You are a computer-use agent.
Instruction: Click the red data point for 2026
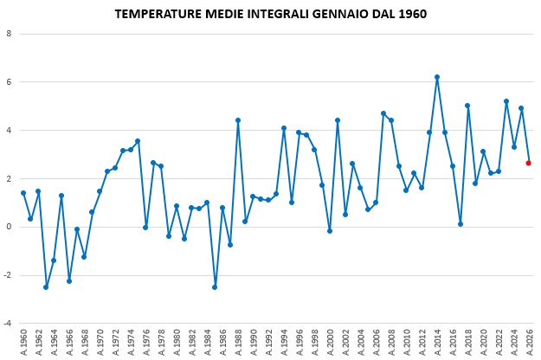point(528,163)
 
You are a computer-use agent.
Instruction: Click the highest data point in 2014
point(437,77)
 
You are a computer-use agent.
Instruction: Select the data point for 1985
point(215,287)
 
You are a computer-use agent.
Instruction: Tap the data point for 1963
point(46,287)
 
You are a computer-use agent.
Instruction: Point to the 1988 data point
point(238,120)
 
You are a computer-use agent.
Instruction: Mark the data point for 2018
point(467,106)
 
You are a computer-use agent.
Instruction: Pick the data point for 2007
point(383,113)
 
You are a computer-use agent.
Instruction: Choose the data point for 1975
point(138,141)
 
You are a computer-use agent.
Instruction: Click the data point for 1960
point(23,193)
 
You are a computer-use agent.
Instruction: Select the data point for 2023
point(506,101)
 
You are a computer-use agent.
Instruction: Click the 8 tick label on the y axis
point(9,34)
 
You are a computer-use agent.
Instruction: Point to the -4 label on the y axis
point(8,324)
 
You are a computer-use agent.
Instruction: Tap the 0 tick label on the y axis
point(9,227)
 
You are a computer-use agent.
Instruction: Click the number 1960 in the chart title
point(412,14)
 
